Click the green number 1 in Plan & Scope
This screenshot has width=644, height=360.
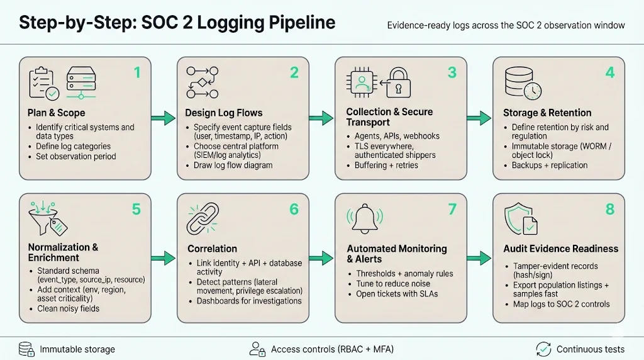[x=137, y=73]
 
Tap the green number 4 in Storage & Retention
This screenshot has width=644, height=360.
[x=609, y=73]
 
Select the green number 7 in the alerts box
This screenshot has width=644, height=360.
[x=452, y=209]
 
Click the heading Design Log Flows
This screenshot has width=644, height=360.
[x=223, y=113]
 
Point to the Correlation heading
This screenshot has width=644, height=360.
[x=212, y=249]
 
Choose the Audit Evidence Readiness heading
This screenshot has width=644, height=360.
[x=560, y=249]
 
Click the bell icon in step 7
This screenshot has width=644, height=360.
[x=365, y=218]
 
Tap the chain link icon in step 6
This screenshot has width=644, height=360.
[x=203, y=218]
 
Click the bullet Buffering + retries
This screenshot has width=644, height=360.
[x=386, y=165]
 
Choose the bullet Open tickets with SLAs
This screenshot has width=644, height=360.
[x=396, y=295]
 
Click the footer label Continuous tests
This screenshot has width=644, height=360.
[x=590, y=349]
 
